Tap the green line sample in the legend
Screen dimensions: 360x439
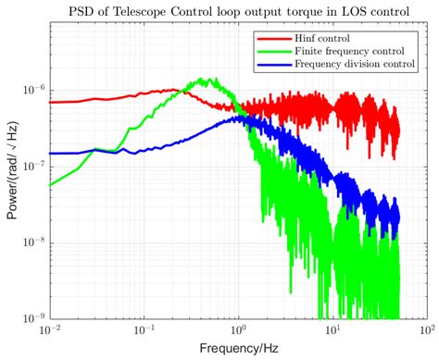pos(273,53)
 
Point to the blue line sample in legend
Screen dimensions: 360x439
pos(273,66)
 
